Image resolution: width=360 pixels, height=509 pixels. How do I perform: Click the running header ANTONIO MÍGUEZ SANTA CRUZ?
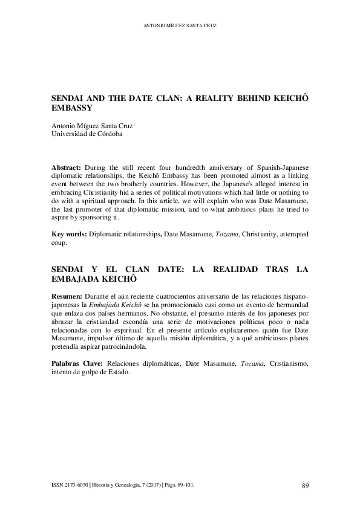tap(180, 26)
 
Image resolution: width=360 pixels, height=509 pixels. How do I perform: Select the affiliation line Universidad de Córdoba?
tap(87, 134)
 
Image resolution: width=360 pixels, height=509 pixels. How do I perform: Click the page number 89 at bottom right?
tap(304, 485)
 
